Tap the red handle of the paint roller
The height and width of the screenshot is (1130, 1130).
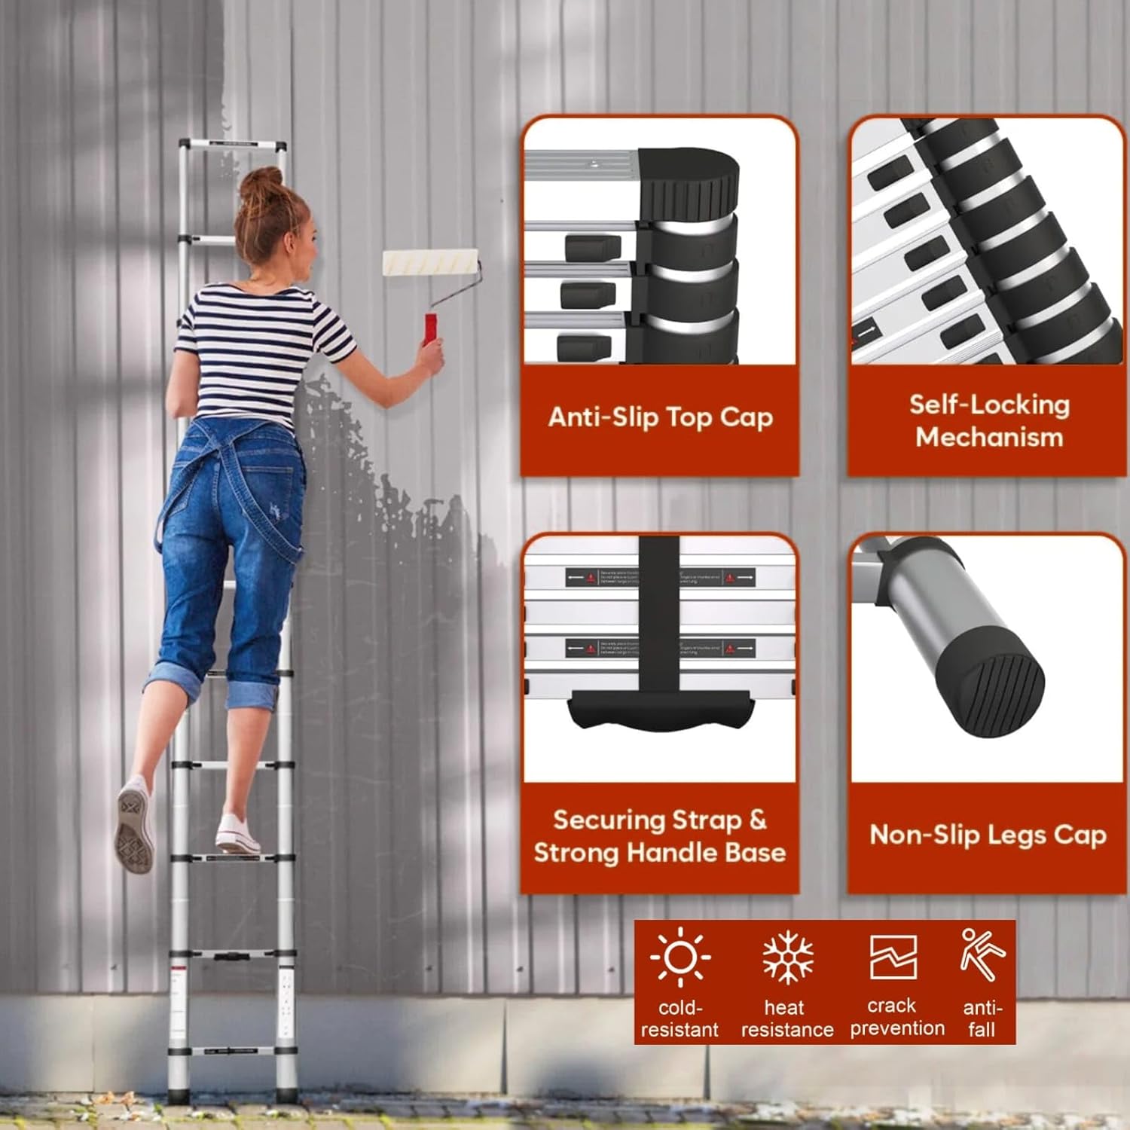click(x=431, y=330)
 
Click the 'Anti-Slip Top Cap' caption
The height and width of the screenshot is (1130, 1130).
click(x=660, y=417)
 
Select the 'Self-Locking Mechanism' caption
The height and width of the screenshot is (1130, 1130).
click(x=988, y=420)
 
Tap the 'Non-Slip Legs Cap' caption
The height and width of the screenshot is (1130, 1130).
click(x=988, y=835)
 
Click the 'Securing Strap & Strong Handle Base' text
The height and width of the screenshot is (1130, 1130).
click(x=660, y=836)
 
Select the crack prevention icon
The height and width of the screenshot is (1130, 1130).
click(x=893, y=957)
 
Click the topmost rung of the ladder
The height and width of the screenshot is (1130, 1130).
click(x=232, y=145)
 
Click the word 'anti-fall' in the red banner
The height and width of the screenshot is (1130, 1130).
click(x=982, y=1019)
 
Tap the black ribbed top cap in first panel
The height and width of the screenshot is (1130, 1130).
click(x=689, y=181)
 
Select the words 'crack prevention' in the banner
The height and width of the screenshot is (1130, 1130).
click(x=896, y=1017)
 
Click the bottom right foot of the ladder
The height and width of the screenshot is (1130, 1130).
click(x=285, y=1092)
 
